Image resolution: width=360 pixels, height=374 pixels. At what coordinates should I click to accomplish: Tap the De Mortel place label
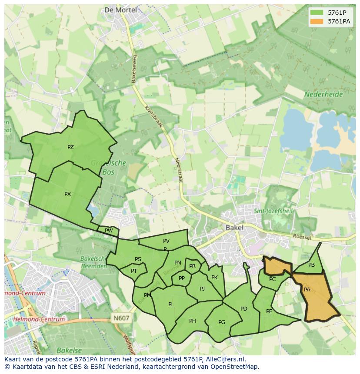point(120,10)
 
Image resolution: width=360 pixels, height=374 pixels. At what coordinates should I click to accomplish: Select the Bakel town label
point(234,227)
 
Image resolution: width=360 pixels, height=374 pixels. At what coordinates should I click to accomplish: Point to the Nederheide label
point(323,94)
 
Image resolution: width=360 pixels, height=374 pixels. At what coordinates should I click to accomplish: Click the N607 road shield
point(121,318)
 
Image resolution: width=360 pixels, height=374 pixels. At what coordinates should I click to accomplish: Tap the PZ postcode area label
point(70,147)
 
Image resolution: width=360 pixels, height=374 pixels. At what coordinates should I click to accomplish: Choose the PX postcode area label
point(67,194)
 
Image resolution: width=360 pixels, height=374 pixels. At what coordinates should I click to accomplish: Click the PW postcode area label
point(109,231)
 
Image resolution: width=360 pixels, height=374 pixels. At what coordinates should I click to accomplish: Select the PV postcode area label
point(166,241)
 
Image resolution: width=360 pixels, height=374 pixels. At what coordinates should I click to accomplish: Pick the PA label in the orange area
point(307,290)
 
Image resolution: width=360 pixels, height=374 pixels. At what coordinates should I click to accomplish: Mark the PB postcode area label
point(311,265)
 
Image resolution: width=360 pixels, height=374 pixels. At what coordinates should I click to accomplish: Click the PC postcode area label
point(272,279)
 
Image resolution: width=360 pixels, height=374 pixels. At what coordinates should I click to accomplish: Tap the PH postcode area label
point(193,321)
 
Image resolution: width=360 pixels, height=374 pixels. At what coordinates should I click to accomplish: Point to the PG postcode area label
point(222,322)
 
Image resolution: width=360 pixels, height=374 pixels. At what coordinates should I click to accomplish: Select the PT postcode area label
point(134,271)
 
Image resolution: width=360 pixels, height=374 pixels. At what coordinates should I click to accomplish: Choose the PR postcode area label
point(192,266)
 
